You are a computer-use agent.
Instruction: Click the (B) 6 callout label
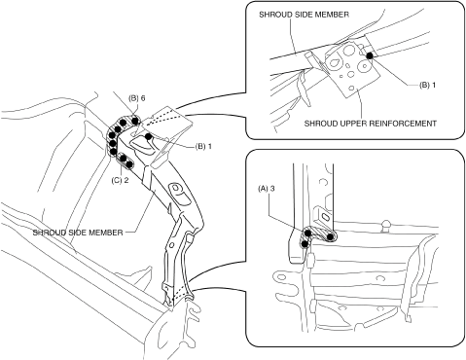(x=136, y=98)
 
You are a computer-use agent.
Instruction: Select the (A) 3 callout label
(x=267, y=188)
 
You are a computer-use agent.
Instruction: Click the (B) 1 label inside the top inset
(x=428, y=85)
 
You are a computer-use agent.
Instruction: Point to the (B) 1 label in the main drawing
(x=203, y=147)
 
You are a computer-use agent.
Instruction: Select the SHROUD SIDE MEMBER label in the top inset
(x=304, y=15)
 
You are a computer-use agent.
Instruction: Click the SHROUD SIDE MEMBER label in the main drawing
(x=78, y=233)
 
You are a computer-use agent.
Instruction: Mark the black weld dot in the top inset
(x=369, y=55)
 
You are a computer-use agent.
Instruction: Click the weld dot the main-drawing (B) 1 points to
(x=148, y=136)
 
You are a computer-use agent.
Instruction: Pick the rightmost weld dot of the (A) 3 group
(x=330, y=237)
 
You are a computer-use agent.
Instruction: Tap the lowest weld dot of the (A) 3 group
(x=305, y=243)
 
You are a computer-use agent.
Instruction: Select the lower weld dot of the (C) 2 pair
(x=129, y=164)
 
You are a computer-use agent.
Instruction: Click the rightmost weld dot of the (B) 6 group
(x=135, y=121)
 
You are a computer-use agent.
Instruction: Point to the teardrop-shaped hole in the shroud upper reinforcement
(x=334, y=62)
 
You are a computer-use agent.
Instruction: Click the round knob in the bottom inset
(x=386, y=224)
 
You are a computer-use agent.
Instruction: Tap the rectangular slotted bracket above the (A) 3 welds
(x=324, y=216)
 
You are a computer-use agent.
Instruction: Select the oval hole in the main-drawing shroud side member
(x=176, y=188)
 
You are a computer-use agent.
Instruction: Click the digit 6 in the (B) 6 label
(x=143, y=98)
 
